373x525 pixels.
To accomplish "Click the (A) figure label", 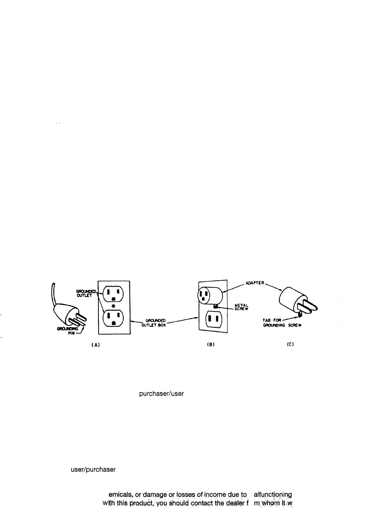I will click(x=95, y=344).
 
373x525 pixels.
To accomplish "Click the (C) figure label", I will click(x=290, y=344).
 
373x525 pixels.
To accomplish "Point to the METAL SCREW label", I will click(x=241, y=306).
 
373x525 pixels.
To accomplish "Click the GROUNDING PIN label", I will click(x=69, y=331).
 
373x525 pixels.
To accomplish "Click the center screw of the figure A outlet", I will click(x=114, y=306).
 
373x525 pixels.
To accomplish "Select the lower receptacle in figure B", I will click(x=214, y=320).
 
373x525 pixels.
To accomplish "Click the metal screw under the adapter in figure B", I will click(x=216, y=306).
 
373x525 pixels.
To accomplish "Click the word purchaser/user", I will click(x=161, y=393).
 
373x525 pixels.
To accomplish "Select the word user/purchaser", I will click(x=93, y=470).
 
